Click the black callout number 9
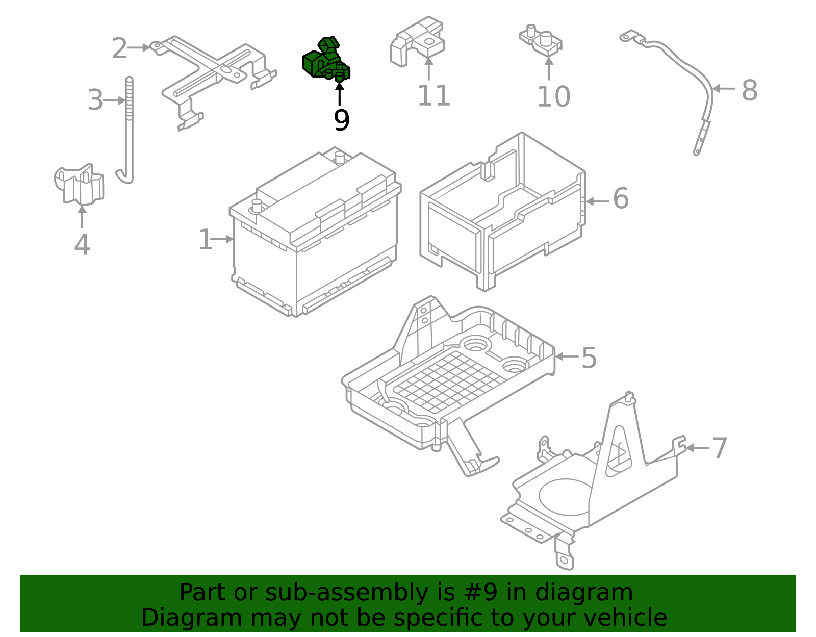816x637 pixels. tap(341, 121)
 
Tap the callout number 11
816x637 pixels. tap(433, 96)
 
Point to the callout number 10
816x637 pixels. tap(553, 96)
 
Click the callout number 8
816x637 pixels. tap(749, 91)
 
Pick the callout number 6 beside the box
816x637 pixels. tap(621, 198)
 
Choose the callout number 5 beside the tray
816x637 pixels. tap(589, 358)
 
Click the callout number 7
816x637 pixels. tap(719, 448)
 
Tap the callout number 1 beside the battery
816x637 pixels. tap(205, 240)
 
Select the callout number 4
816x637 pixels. tap(82, 245)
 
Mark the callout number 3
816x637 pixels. tap(95, 100)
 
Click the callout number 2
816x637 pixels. tap(119, 48)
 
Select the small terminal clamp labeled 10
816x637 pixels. tap(541, 41)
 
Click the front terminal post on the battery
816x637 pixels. tap(257, 207)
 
